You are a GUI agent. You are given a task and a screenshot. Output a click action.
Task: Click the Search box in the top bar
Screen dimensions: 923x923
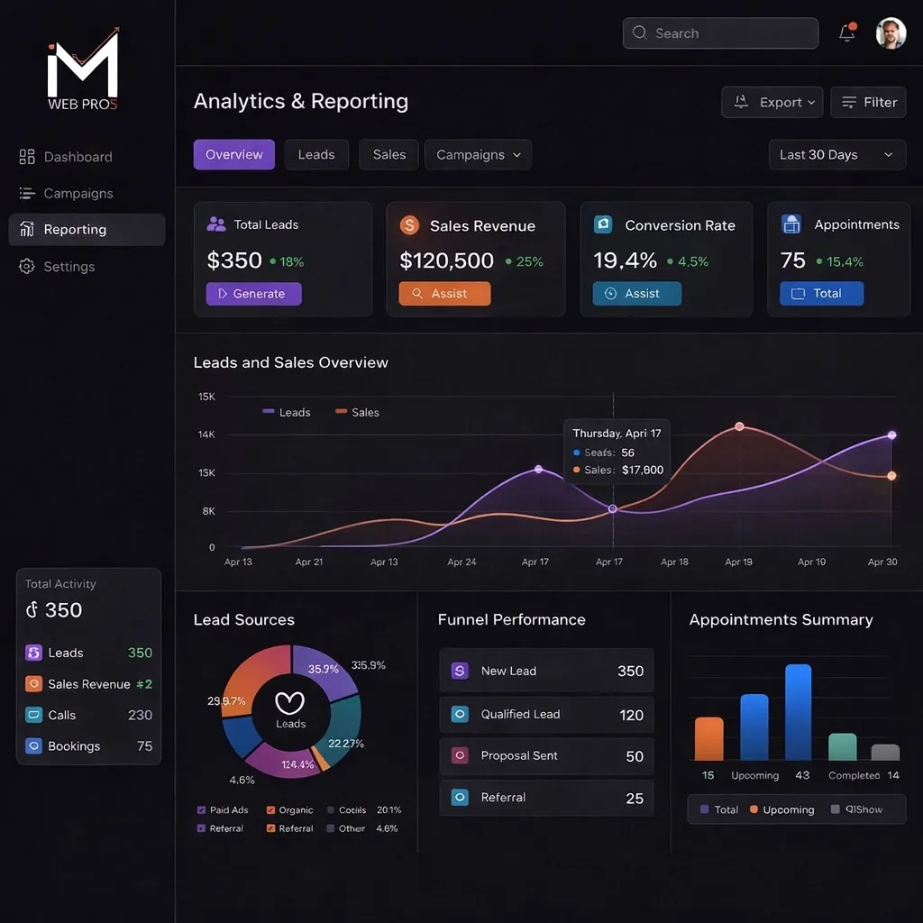tap(719, 33)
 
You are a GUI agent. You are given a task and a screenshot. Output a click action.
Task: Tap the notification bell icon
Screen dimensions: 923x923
tap(846, 33)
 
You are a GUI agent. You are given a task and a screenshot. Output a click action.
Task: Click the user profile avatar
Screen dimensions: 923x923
tap(891, 33)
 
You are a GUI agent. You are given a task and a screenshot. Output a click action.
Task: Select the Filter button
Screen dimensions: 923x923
tap(869, 103)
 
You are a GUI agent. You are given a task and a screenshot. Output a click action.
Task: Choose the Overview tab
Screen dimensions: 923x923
tap(233, 155)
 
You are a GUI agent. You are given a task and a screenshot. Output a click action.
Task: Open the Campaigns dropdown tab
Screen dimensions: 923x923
tap(478, 155)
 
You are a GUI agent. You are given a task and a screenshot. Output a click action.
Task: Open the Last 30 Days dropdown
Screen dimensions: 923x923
tap(836, 155)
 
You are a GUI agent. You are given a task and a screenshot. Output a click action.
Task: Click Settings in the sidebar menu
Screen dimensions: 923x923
tap(69, 267)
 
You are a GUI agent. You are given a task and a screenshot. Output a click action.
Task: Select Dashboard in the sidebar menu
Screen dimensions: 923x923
tap(78, 157)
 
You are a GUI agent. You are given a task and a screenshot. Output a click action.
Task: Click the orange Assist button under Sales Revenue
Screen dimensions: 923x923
tap(444, 294)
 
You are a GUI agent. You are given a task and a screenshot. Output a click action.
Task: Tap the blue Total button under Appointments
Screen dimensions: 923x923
tap(821, 294)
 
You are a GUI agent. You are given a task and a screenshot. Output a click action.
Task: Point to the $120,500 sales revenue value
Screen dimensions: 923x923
tap(446, 261)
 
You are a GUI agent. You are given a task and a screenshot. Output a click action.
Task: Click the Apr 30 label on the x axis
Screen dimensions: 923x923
tap(882, 562)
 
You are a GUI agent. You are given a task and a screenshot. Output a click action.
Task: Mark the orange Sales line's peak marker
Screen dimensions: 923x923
tap(739, 426)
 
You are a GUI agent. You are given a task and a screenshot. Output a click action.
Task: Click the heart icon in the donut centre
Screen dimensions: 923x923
tap(290, 702)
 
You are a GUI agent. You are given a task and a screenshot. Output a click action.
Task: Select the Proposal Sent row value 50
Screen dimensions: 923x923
tap(635, 757)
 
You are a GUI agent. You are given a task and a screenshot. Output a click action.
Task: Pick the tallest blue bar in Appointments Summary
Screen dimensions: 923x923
tap(798, 712)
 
